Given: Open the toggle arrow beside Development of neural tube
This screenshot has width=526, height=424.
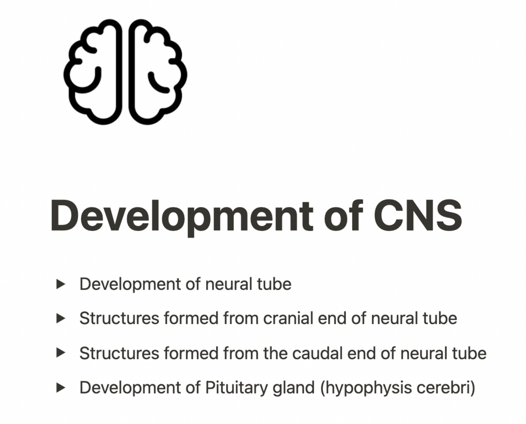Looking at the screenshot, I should (x=61, y=284).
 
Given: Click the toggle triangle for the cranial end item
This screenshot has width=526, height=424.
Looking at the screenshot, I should (x=61, y=318).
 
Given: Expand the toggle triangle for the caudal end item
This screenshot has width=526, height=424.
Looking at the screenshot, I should (x=61, y=353).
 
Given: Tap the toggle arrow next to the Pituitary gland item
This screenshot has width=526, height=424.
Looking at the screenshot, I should (x=61, y=388).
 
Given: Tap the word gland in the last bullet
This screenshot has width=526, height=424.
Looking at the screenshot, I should (x=296, y=388).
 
